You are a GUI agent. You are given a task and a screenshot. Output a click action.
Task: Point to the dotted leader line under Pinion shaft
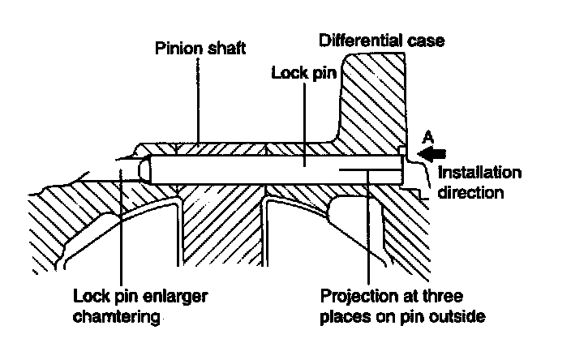pos(196,97)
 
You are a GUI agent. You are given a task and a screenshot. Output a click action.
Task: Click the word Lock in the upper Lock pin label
pos(285,72)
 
